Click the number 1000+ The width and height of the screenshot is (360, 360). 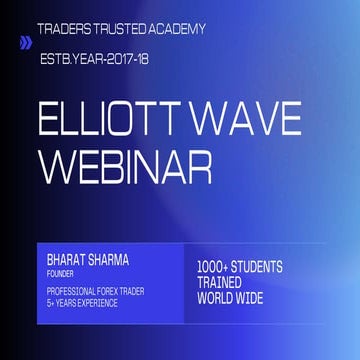(x=217, y=268)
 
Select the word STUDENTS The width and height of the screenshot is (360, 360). (x=262, y=268)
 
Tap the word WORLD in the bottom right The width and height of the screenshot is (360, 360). (x=219, y=298)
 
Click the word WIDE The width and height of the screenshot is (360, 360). (x=261, y=298)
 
